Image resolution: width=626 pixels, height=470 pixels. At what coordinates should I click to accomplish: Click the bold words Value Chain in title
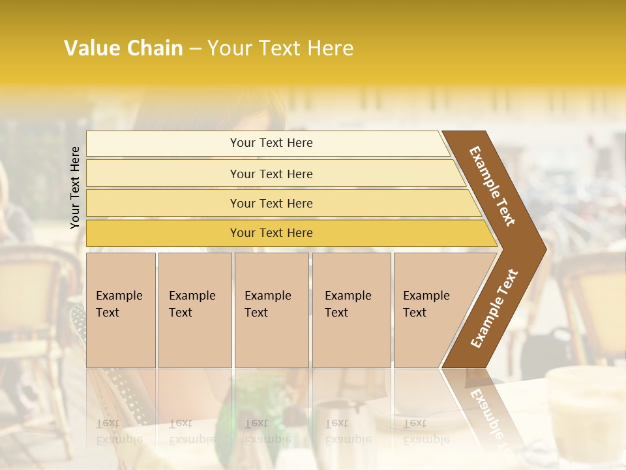pyautogui.click(x=123, y=48)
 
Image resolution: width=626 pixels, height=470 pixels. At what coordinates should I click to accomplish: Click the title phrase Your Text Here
pyautogui.click(x=280, y=48)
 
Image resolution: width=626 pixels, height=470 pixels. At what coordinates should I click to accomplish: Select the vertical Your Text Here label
pyautogui.click(x=75, y=187)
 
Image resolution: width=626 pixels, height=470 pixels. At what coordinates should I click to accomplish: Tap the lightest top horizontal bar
pyautogui.click(x=271, y=143)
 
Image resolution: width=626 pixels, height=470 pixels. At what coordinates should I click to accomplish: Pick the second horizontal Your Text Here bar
pyautogui.click(x=271, y=174)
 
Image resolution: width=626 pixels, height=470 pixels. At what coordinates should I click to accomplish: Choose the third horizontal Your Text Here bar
pyautogui.click(x=271, y=203)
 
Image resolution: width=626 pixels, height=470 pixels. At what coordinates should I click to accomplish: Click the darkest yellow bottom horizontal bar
pyautogui.click(x=271, y=233)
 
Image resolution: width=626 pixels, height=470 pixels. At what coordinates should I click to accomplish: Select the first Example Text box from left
pyautogui.click(x=121, y=309)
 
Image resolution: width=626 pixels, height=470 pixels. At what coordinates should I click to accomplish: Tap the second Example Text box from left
pyautogui.click(x=194, y=309)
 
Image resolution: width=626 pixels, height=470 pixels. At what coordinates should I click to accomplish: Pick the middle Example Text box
pyautogui.click(x=271, y=309)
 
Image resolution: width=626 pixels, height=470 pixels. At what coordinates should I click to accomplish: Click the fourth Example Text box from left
pyautogui.click(x=351, y=309)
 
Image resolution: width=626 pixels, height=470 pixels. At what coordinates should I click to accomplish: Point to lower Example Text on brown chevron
pyautogui.click(x=494, y=308)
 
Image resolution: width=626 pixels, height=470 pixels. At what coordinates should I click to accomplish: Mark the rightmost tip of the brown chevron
pyautogui.click(x=545, y=249)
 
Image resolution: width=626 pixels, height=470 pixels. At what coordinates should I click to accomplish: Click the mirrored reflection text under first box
pyautogui.click(x=119, y=431)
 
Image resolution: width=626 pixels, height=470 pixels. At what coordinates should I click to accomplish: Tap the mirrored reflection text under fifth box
pyautogui.click(x=426, y=431)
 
